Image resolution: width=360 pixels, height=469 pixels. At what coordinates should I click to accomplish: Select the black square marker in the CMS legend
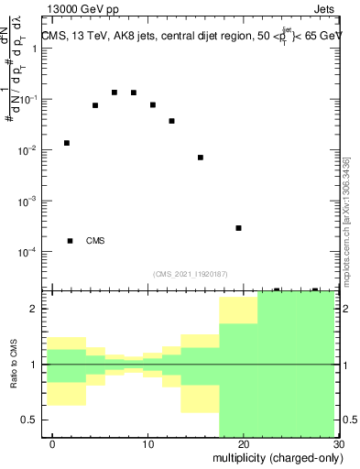pyautogui.click(x=71, y=241)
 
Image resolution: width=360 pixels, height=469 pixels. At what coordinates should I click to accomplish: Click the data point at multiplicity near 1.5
pyautogui.click(x=66, y=143)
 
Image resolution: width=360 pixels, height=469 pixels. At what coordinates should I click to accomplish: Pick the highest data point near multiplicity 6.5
pyautogui.click(x=115, y=93)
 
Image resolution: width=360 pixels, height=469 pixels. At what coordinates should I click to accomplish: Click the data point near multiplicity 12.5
pyautogui.click(x=171, y=121)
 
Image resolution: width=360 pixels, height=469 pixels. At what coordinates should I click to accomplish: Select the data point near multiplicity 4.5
pyautogui.click(x=95, y=105)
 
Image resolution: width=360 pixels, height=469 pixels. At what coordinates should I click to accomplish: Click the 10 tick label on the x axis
pyautogui.click(x=147, y=444)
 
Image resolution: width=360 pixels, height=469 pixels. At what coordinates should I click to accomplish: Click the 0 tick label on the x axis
pyautogui.click(x=52, y=444)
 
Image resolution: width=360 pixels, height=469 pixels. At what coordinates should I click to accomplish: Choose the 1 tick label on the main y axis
pyautogui.click(x=35, y=49)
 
